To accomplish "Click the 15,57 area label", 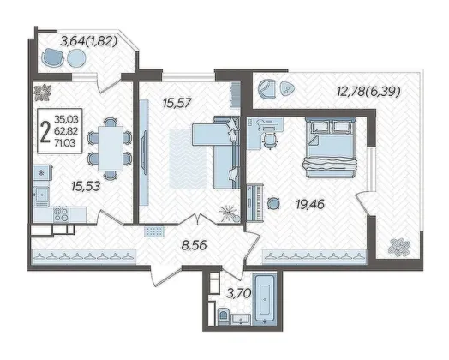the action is pyautogui.click(x=177, y=103).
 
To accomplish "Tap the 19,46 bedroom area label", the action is pyautogui.click(x=310, y=205).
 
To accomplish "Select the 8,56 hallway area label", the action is pyautogui.click(x=194, y=245).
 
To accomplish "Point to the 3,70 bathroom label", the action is pyautogui.click(x=239, y=293).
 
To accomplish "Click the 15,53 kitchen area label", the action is pyautogui.click(x=86, y=187).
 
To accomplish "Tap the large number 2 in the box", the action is pyautogui.click(x=45, y=131).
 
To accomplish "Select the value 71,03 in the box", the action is pyautogui.click(x=65, y=142).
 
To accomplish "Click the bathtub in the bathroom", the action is pyautogui.click(x=264, y=299).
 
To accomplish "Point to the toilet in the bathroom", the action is pyautogui.click(x=223, y=317).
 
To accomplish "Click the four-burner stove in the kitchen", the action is pyautogui.click(x=62, y=214).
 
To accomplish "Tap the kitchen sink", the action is pyautogui.click(x=41, y=195).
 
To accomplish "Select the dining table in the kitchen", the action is pyautogui.click(x=111, y=148).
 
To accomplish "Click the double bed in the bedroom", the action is pyautogui.click(x=330, y=147).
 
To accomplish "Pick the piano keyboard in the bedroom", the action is pyautogui.click(x=254, y=202).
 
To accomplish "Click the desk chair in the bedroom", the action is pyautogui.click(x=270, y=140).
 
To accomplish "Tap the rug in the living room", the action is pyautogui.click(x=189, y=159).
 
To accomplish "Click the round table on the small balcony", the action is pyautogui.click(x=76, y=57).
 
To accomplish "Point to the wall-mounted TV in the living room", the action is pyautogui.click(x=144, y=153).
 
